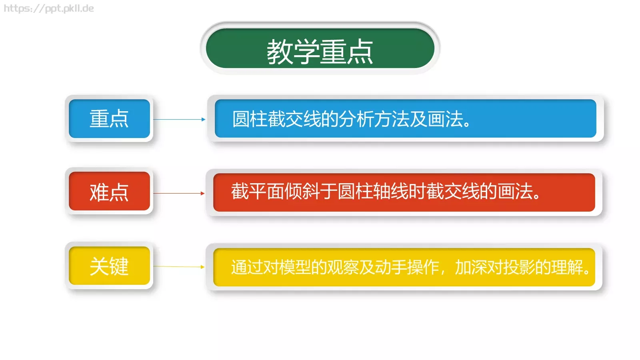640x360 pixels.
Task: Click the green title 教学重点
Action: click(320, 51)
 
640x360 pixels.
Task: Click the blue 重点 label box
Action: click(109, 119)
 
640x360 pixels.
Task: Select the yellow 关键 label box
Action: click(109, 266)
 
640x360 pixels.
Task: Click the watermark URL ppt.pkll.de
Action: click(49, 8)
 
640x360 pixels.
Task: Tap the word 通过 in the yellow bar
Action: click(247, 267)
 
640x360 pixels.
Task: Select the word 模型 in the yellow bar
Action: click(295, 267)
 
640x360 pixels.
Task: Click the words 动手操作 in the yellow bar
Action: click(407, 267)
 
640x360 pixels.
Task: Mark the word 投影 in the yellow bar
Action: click(519, 267)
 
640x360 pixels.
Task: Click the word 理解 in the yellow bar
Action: click(567, 267)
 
